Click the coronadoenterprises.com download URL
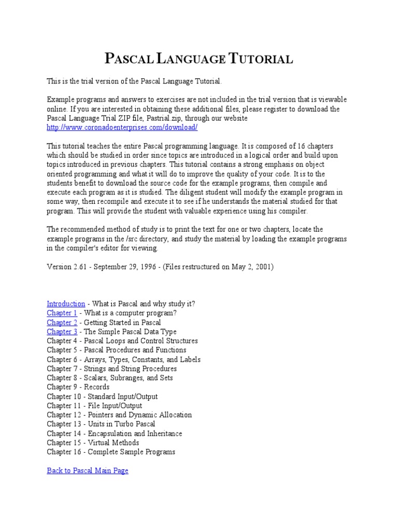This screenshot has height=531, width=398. (x=122, y=127)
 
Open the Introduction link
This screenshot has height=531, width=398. (x=66, y=303)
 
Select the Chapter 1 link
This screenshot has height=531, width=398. (x=62, y=313)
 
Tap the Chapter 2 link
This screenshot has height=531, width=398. (x=62, y=322)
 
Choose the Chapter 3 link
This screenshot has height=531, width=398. (x=62, y=331)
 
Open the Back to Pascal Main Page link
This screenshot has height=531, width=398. (x=87, y=470)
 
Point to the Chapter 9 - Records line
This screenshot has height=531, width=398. (x=78, y=387)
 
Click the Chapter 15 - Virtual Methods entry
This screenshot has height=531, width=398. (x=93, y=442)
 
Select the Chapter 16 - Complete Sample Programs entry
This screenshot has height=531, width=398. (x=111, y=452)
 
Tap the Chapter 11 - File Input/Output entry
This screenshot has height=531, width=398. (x=94, y=406)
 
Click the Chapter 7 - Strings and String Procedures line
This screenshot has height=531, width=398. (x=111, y=369)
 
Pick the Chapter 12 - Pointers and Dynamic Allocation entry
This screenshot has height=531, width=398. (x=119, y=415)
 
